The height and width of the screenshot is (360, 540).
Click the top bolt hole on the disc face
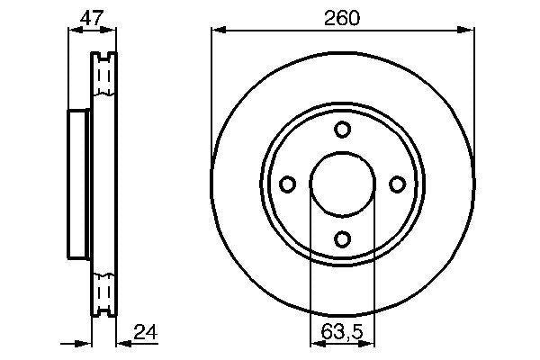click(x=342, y=130)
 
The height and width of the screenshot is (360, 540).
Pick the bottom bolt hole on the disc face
click(x=342, y=238)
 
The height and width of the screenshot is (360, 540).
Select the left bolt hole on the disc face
click(x=288, y=184)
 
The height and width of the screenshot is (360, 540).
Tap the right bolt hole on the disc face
click(x=397, y=184)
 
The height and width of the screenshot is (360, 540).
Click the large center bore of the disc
click(x=342, y=184)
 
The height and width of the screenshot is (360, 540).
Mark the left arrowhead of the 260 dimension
click(x=217, y=31)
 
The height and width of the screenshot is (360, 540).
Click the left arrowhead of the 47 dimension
click(x=73, y=31)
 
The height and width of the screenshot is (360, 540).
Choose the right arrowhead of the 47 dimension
click(x=112, y=31)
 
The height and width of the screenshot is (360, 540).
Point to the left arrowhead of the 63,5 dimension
click(x=314, y=343)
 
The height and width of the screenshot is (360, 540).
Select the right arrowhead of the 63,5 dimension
click(x=370, y=343)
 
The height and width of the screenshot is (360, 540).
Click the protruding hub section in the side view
click(x=79, y=185)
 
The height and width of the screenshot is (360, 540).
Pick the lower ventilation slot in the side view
click(x=104, y=292)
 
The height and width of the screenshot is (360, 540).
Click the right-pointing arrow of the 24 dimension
click(x=87, y=343)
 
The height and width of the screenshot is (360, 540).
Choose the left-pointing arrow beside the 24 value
click(x=123, y=343)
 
